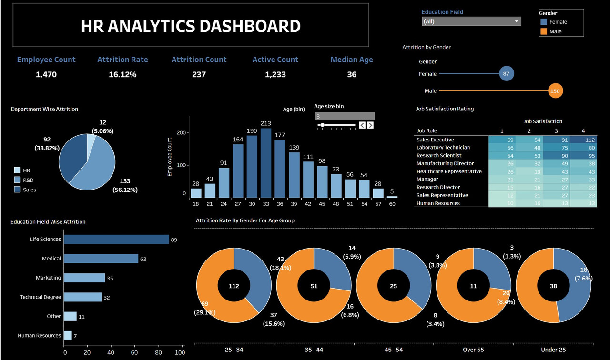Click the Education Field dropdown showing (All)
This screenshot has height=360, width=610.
pyautogui.click(x=471, y=21)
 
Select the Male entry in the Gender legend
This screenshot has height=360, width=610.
pyautogui.click(x=555, y=31)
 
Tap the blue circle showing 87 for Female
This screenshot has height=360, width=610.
pyautogui.click(x=507, y=74)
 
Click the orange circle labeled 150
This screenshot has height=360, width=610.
pyautogui.click(x=555, y=90)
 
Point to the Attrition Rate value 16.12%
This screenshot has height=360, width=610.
pyautogui.click(x=122, y=74)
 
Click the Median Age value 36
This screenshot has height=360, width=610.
pyautogui.click(x=352, y=74)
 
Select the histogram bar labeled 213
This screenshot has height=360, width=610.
pyautogui.click(x=266, y=163)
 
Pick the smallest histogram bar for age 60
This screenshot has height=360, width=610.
pyautogui.click(x=392, y=197)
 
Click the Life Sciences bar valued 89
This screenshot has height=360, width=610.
pyautogui.click(x=117, y=239)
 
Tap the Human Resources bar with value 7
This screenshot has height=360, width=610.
pyautogui.click(x=68, y=336)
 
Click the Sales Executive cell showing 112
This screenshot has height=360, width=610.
pyautogui.click(x=583, y=140)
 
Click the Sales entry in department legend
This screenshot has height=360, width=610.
pyautogui.click(x=29, y=190)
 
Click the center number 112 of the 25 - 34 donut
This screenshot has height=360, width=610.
pyautogui.click(x=234, y=286)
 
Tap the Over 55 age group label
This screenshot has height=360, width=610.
pyautogui.click(x=473, y=350)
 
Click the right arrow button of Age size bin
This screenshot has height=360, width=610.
pyautogui.click(x=370, y=125)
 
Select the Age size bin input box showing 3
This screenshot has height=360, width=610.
pyautogui.click(x=344, y=116)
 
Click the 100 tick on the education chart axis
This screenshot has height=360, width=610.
pyautogui.click(x=180, y=353)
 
